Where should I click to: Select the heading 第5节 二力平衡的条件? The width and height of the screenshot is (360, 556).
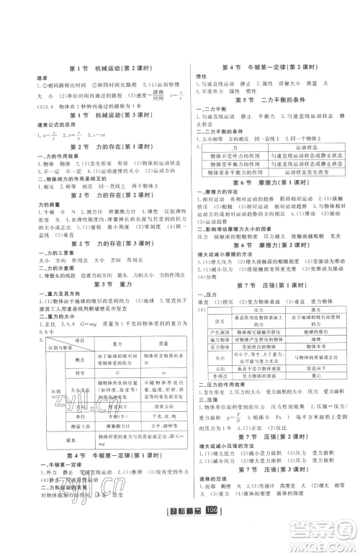tap(272, 97)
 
